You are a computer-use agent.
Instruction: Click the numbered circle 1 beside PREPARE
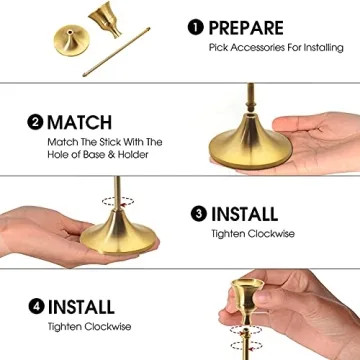(196, 27)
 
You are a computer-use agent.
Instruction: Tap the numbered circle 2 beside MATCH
(37, 124)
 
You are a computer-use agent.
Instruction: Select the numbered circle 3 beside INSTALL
(197, 213)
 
